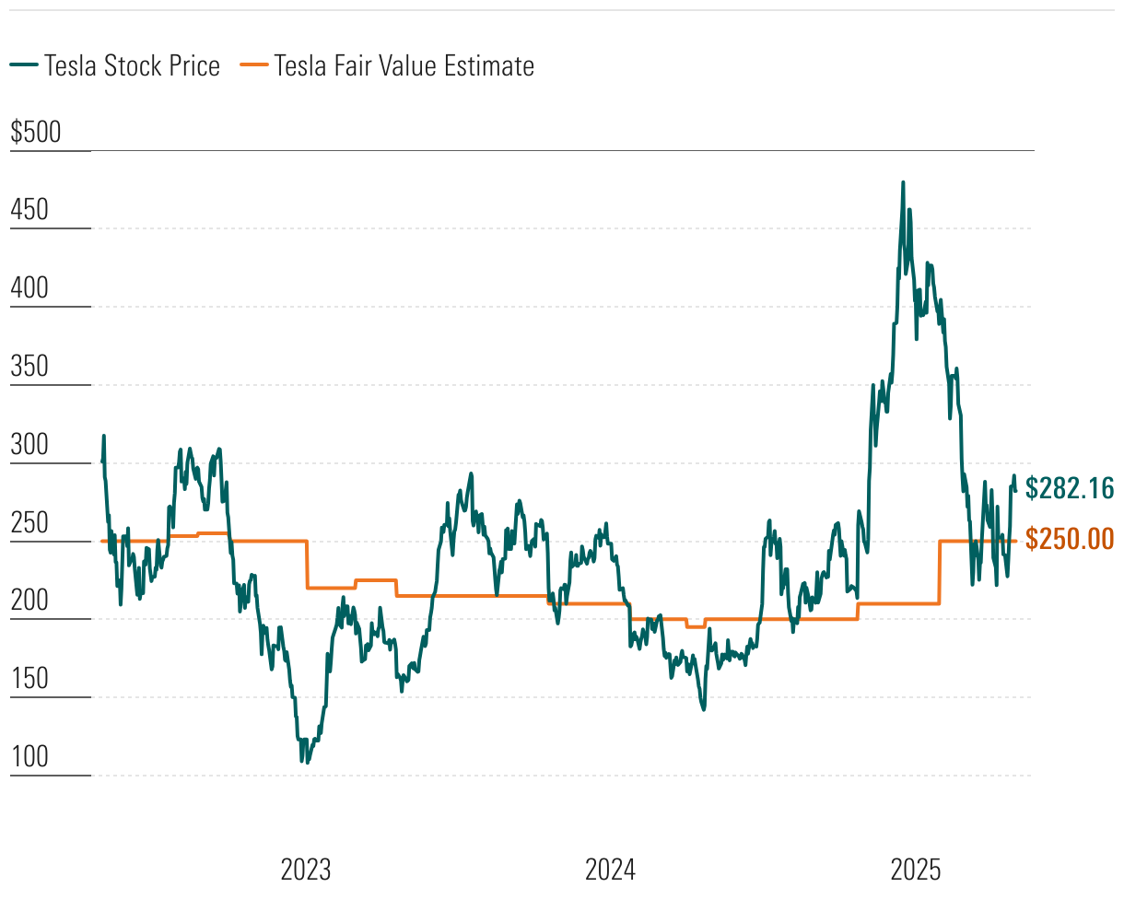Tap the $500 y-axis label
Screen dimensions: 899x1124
point(35,133)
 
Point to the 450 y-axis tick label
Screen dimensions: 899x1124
point(29,211)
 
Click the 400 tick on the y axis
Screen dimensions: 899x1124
point(29,289)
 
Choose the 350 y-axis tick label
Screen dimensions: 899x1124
point(29,368)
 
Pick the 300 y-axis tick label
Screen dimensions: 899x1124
point(29,446)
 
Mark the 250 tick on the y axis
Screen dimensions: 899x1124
point(29,523)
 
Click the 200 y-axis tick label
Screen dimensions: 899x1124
point(29,601)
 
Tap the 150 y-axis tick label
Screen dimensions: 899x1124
point(29,680)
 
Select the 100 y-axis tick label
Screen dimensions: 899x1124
point(29,758)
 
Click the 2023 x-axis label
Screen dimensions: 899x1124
point(305,870)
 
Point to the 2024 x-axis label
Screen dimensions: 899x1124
point(610,870)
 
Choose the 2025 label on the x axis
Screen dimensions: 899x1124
point(915,870)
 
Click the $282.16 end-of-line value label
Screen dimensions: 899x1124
point(1069,488)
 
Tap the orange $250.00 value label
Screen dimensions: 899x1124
point(1069,539)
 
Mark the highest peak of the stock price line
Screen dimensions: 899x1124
point(903,182)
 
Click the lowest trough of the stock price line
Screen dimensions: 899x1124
point(302,762)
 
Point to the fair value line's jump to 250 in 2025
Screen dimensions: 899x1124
point(939,571)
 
